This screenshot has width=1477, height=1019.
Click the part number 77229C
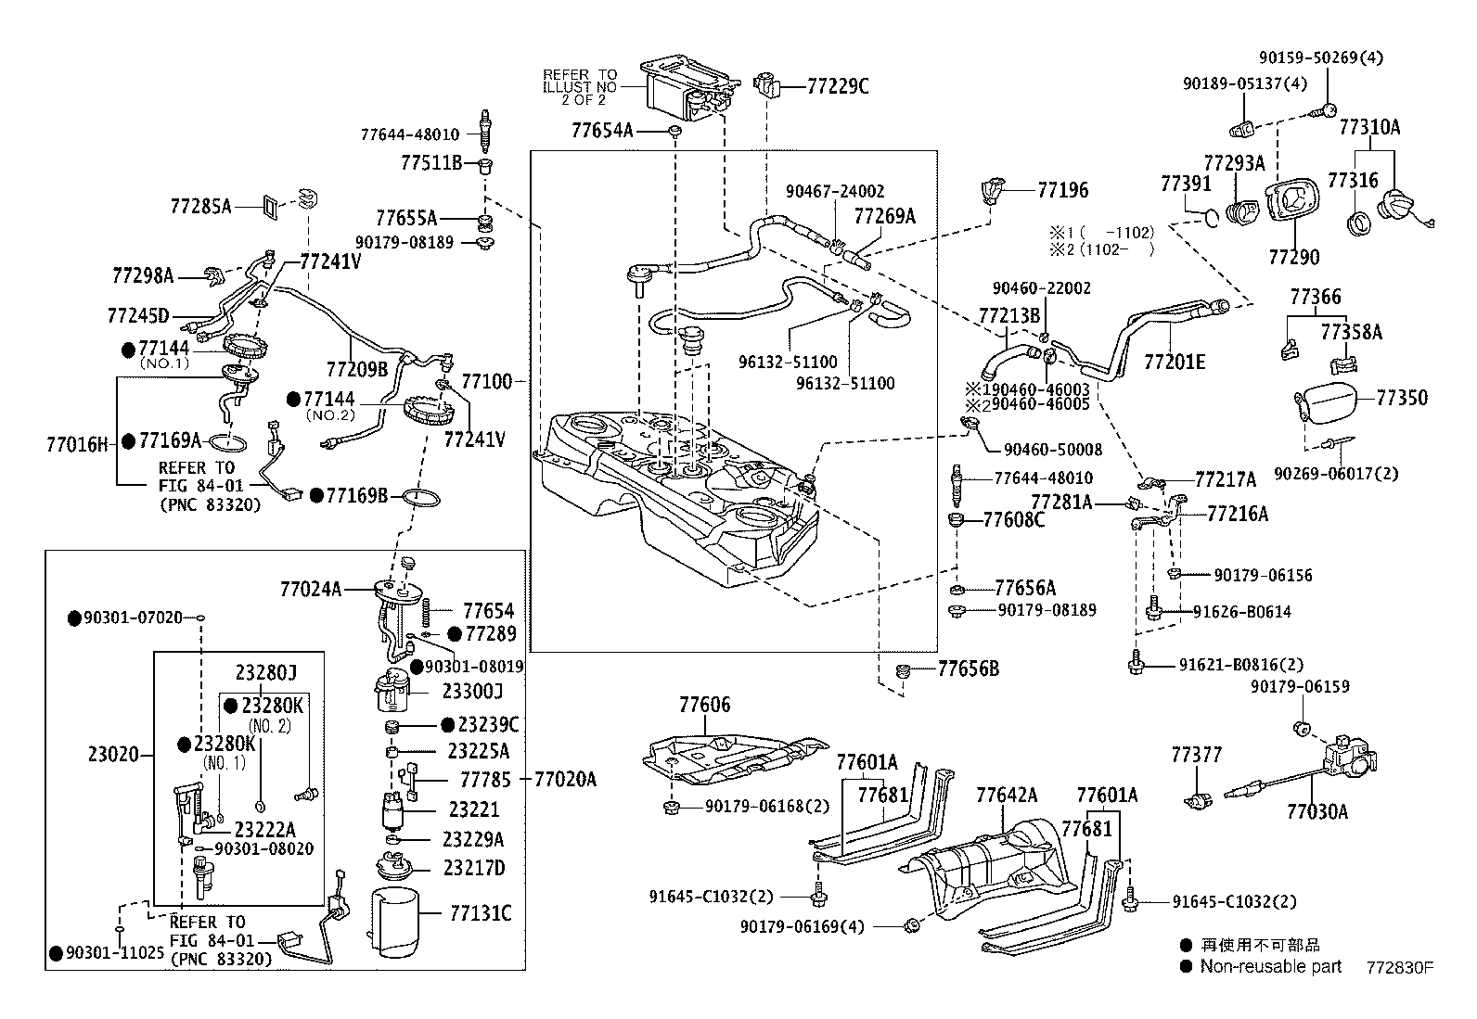coord(837,87)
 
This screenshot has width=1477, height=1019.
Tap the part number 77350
coord(1401,398)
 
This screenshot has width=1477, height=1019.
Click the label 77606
coord(704,705)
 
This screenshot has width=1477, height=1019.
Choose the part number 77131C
coord(480,914)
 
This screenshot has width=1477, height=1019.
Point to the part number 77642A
coord(1006,795)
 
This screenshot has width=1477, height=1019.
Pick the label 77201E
coord(1174,362)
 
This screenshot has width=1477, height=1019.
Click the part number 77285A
coord(200,206)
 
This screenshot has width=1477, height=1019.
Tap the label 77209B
coord(356,368)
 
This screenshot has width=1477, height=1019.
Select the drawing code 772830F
coord(1399,967)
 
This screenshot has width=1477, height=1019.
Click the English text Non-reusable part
coord(1270,966)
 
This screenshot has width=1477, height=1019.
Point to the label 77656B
coord(968,669)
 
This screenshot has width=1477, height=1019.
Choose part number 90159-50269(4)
coord(1320,57)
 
